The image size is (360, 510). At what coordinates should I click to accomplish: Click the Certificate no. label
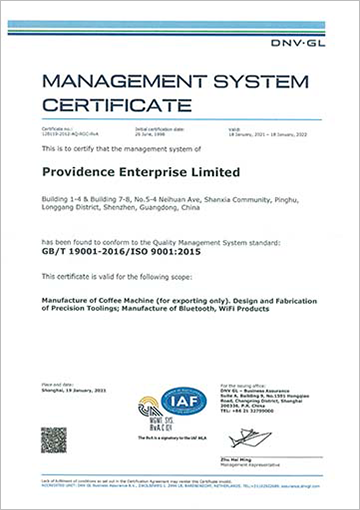pos(57,129)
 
